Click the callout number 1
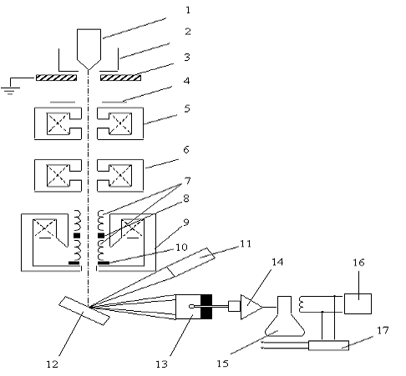[188, 10]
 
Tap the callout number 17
[383, 330]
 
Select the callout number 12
[52, 364]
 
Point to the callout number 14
[277, 262]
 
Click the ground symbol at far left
[10, 86]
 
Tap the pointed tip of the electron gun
[89, 69]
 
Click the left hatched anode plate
[56, 78]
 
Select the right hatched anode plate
[120, 78]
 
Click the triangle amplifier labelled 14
[251, 307]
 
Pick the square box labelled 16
[358, 303]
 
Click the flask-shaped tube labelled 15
[284, 317]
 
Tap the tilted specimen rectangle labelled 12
[84, 311]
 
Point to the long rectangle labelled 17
[328, 345]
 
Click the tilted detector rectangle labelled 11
[191, 262]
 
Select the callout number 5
[187, 108]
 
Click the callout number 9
[186, 223]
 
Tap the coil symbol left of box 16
[301, 304]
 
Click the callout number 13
[161, 364]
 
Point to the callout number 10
[181, 248]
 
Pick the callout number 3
[187, 58]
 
